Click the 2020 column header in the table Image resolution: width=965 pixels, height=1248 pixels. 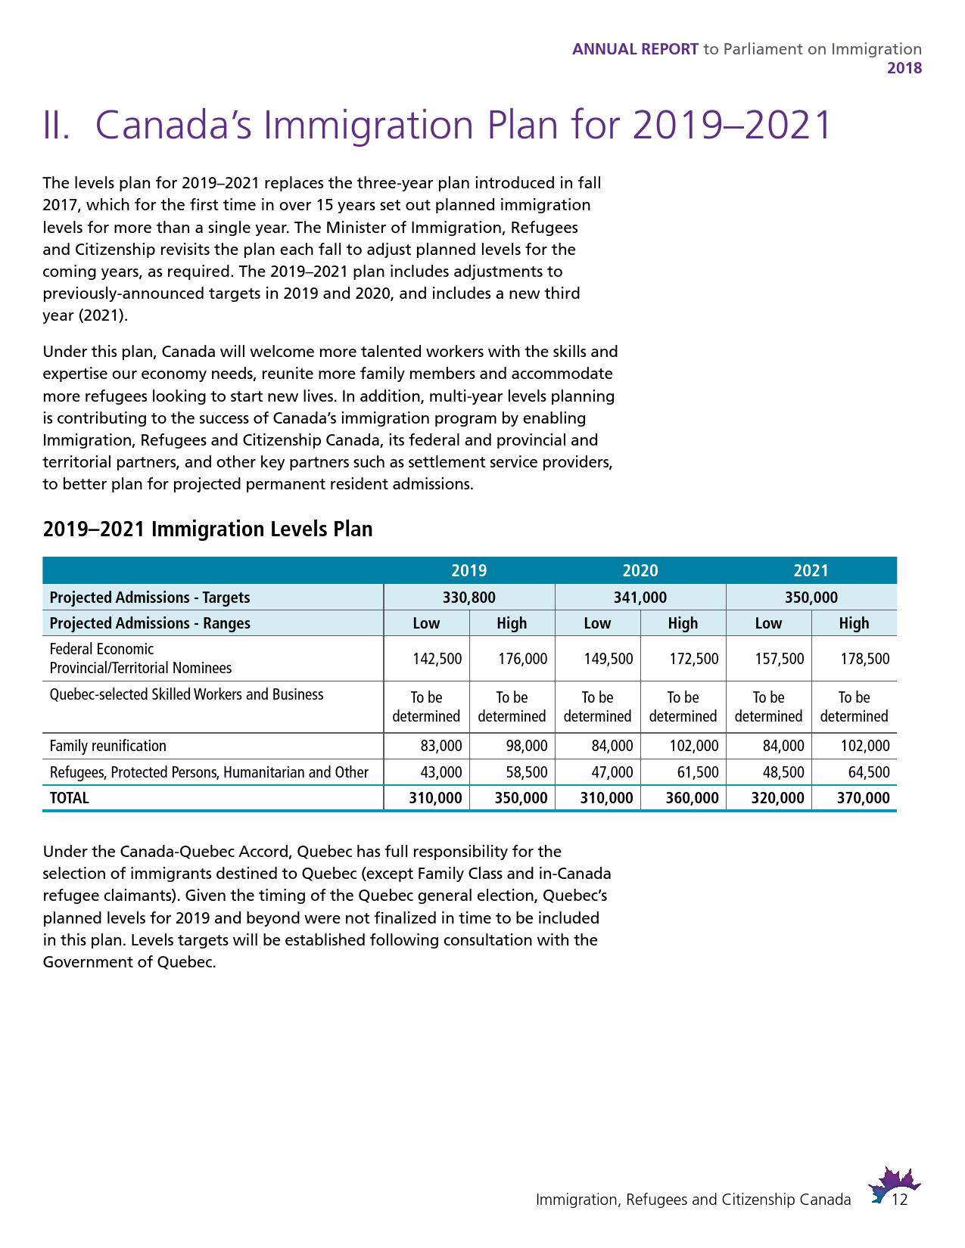coord(640,571)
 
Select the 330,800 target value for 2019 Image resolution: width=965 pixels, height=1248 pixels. coord(468,598)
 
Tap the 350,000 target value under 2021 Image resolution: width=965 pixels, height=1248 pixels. coord(811,598)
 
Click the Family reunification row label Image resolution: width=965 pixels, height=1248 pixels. coord(107,746)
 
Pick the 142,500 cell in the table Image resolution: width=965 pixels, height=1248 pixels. coord(437,659)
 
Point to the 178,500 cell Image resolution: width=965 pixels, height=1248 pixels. coord(865,659)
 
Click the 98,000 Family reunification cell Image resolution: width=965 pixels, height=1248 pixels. coord(526,746)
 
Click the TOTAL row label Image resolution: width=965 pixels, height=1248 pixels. coord(69,798)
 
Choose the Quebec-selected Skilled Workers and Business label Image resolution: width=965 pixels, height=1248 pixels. coord(186,694)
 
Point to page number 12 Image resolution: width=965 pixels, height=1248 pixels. coord(900,1200)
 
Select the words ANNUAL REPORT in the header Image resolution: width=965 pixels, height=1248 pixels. coord(635,49)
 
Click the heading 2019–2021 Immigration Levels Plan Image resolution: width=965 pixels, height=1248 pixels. coord(207,529)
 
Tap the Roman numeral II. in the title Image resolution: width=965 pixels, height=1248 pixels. coord(57,126)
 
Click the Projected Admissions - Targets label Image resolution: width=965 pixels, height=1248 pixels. coord(149,598)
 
